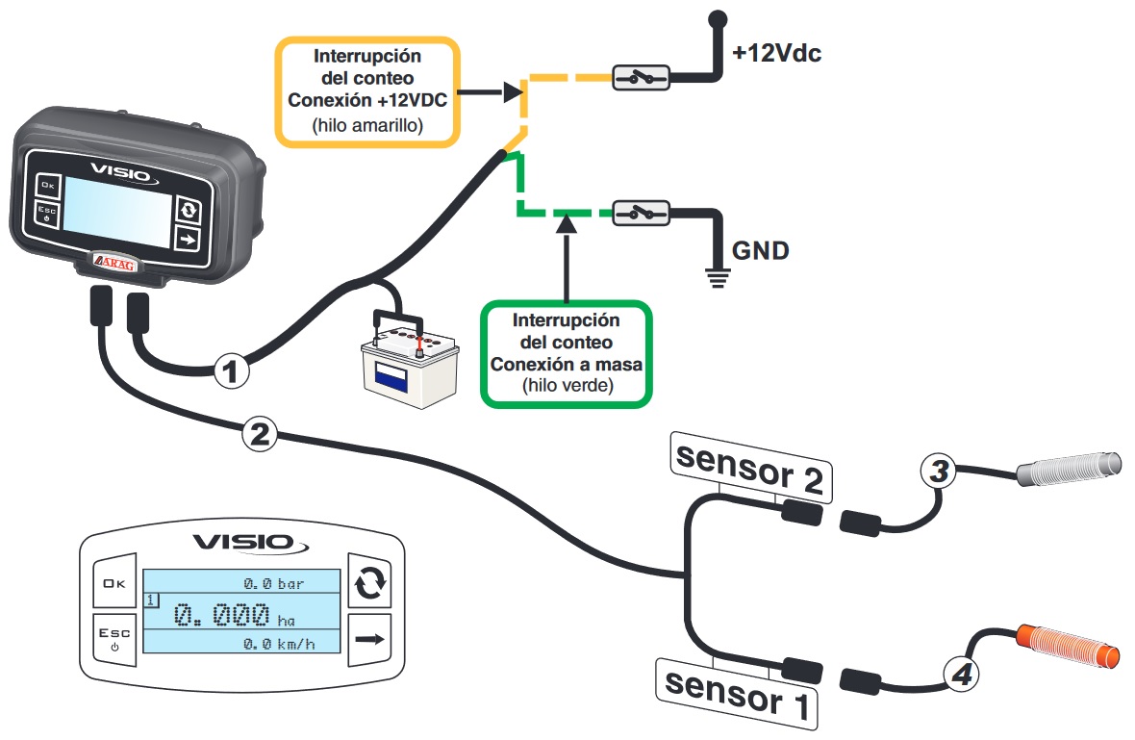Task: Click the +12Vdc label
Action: (776, 53)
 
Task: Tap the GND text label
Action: (760, 250)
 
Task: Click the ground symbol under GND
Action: (717, 277)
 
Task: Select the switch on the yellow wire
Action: (641, 77)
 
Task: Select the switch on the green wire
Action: (641, 213)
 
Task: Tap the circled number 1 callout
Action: (231, 371)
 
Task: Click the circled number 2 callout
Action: (259, 434)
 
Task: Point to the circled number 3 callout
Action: (939, 471)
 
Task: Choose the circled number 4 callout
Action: (961, 675)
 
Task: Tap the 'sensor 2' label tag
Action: (750, 468)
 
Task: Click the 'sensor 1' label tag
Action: (737, 694)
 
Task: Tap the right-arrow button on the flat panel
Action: (370, 639)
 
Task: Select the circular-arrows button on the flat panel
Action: (370, 580)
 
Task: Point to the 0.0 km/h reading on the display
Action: (279, 643)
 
